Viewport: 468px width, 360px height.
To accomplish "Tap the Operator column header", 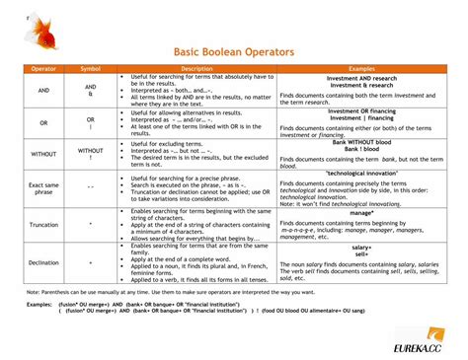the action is [43, 69].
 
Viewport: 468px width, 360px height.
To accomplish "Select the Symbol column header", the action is [90, 69].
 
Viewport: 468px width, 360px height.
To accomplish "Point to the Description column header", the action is [195, 69].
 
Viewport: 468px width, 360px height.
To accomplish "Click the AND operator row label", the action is [43, 90].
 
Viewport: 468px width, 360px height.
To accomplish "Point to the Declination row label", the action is [43, 263].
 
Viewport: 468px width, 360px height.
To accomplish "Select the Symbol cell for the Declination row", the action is [90, 263].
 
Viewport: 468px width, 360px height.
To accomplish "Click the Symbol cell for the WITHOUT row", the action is [90, 154].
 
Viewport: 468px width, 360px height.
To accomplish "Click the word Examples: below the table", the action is [39, 306].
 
